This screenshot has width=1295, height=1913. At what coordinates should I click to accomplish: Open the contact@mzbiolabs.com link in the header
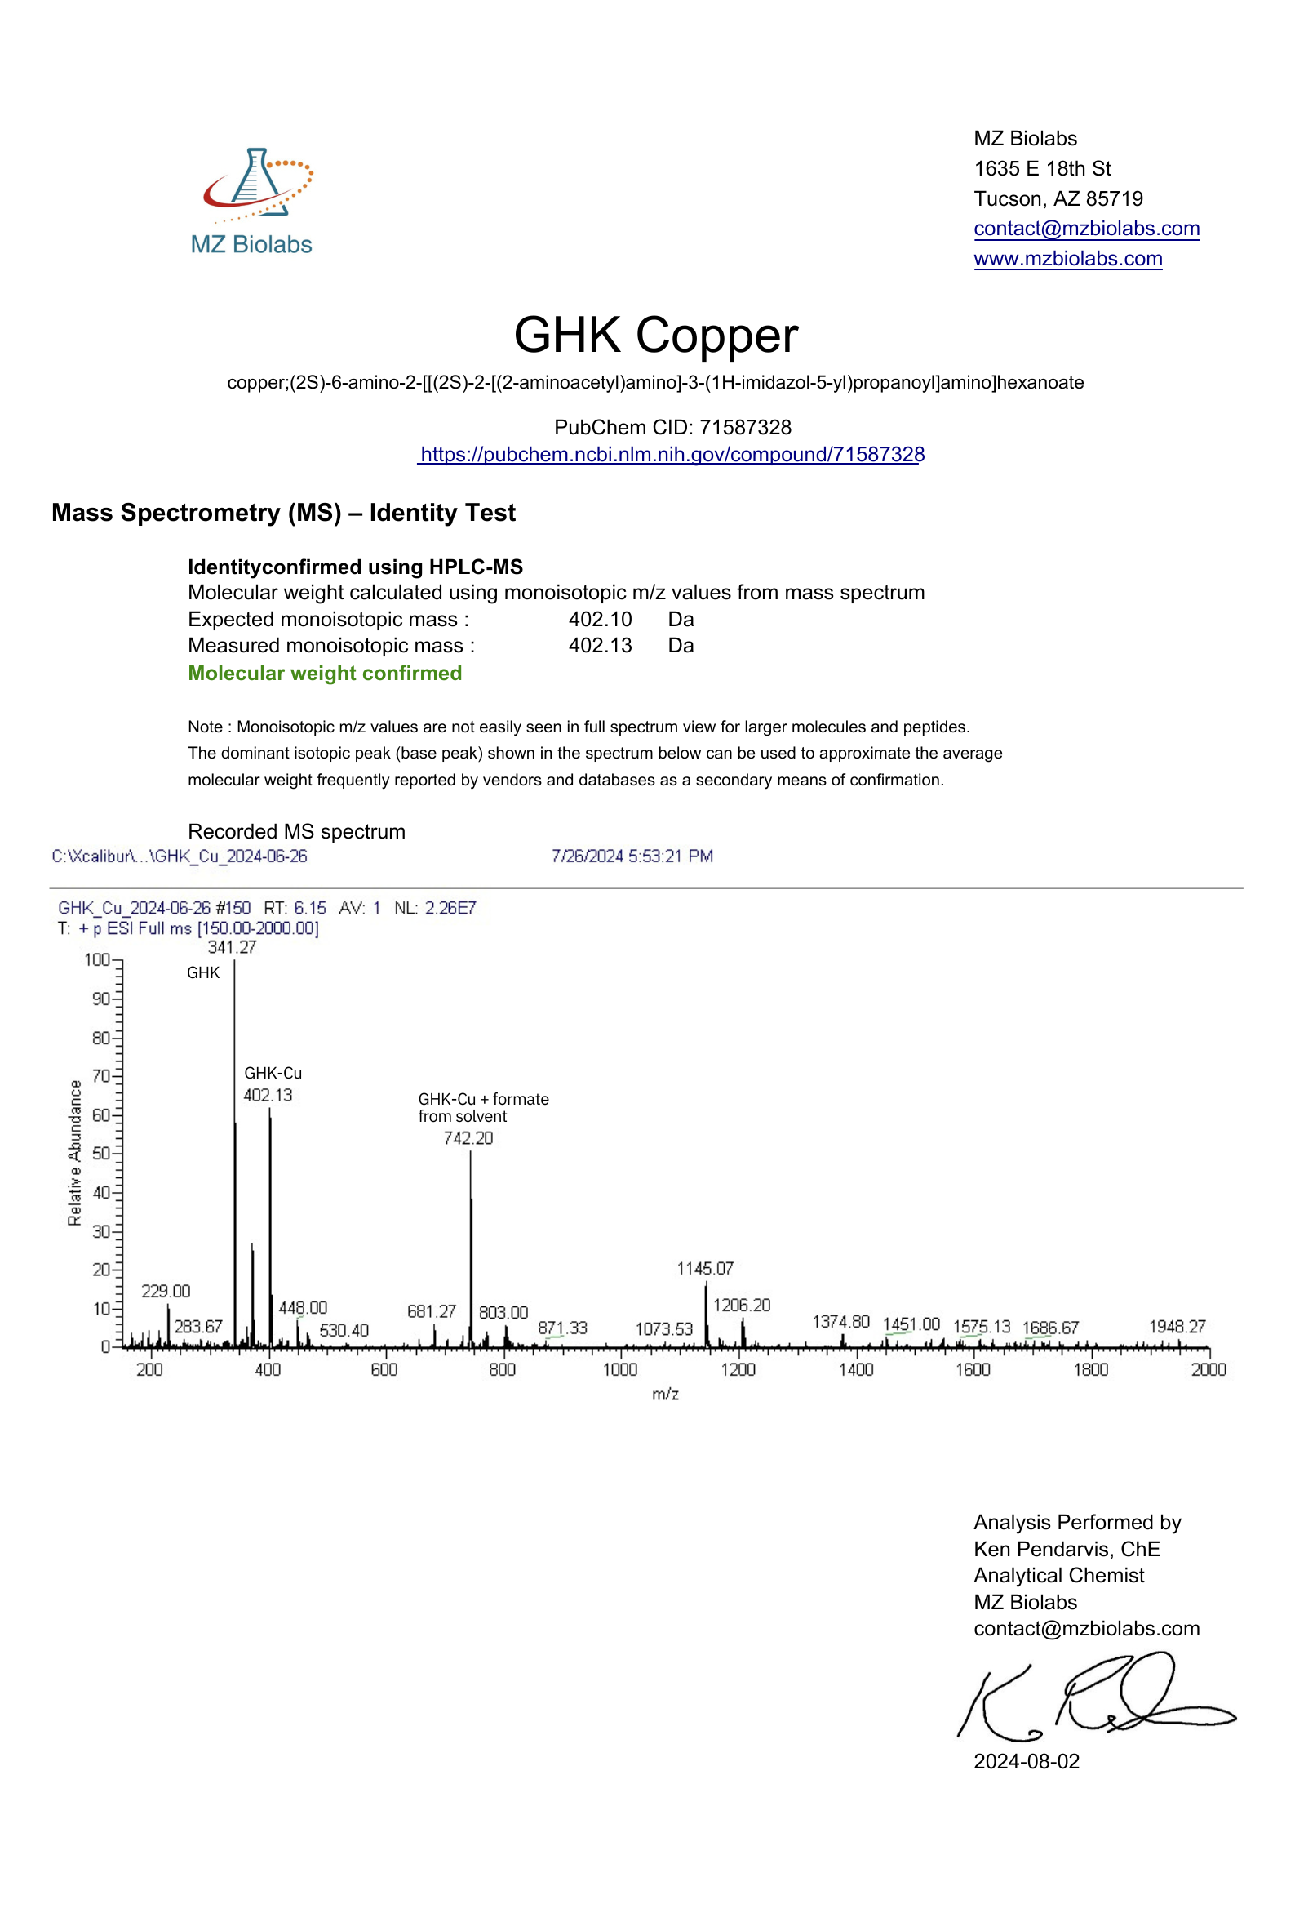1086,228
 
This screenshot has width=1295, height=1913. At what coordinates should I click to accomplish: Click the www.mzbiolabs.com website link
1067,259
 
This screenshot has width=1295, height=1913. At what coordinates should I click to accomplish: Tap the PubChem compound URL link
672,455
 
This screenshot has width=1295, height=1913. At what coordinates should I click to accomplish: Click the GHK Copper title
656,335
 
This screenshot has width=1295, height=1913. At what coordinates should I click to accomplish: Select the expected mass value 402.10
600,619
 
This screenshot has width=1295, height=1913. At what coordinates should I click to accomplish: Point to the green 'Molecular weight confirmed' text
325,674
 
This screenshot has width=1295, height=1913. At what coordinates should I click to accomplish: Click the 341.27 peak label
232,947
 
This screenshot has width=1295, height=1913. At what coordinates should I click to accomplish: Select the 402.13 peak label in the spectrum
268,1095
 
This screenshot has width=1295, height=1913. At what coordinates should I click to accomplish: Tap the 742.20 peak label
468,1138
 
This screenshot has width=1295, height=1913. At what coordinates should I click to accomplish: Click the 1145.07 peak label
705,1269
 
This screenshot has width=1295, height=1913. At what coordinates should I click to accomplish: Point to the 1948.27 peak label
1177,1326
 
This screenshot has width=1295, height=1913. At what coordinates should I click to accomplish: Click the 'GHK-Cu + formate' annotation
483,1099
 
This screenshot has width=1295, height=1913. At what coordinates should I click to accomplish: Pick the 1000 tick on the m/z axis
619,1369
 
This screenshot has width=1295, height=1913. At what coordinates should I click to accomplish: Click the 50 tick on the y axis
100,1153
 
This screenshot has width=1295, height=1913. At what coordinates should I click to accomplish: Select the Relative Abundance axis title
75,1152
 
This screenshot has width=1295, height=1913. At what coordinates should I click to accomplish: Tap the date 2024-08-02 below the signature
1026,1761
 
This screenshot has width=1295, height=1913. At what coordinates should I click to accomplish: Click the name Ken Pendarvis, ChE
1067,1549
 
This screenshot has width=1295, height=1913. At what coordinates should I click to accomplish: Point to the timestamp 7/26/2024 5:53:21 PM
632,856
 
